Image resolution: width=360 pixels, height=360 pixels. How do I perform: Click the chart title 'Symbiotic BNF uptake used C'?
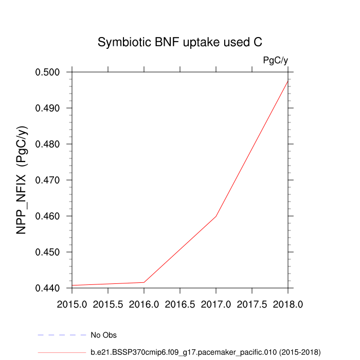[x=180, y=43]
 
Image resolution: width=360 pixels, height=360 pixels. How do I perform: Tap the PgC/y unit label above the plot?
[x=275, y=61]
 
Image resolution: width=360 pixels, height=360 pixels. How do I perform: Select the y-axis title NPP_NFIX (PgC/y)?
[x=22, y=180]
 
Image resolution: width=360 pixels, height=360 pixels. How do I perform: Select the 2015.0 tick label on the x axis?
[x=72, y=304]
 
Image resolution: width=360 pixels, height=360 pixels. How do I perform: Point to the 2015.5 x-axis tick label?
[x=108, y=304]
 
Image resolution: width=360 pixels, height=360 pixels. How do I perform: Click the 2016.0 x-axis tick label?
[x=144, y=304]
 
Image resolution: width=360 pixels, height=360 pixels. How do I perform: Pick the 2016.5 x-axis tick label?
[x=180, y=304]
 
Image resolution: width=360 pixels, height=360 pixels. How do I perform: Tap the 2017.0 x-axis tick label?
[x=216, y=304]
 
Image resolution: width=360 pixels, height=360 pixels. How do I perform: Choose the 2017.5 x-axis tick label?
[x=252, y=304]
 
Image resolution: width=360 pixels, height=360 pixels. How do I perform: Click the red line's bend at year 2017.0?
[x=216, y=216]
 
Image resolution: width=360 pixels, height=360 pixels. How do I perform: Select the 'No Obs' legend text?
[x=103, y=335]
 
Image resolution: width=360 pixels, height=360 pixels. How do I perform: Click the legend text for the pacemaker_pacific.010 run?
[x=205, y=352]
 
